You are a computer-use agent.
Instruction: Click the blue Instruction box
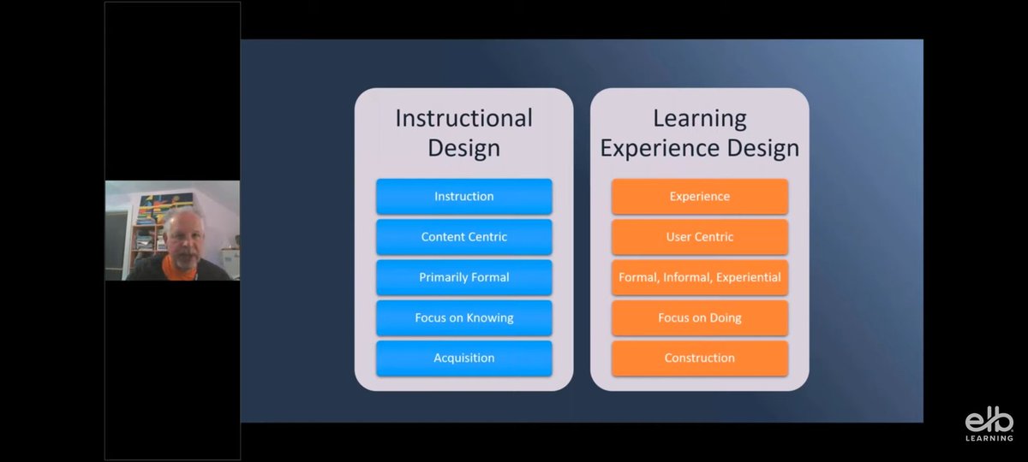(463, 196)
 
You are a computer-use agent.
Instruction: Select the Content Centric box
(463, 237)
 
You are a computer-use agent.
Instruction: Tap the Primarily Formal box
(463, 277)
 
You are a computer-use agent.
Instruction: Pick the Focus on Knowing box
(463, 317)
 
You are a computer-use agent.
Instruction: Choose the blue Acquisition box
(463, 358)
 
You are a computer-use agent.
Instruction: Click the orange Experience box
(699, 196)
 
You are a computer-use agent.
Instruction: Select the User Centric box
(699, 237)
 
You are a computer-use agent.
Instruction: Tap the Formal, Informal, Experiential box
(699, 277)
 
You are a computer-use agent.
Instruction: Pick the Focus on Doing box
(699, 317)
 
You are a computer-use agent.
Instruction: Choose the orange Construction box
(699, 358)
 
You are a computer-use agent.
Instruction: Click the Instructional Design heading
(463, 132)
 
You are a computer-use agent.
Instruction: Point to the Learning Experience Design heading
(699, 132)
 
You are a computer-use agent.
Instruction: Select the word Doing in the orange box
(725, 317)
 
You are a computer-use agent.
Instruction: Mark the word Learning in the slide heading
(699, 117)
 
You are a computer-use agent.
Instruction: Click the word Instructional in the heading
(463, 117)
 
